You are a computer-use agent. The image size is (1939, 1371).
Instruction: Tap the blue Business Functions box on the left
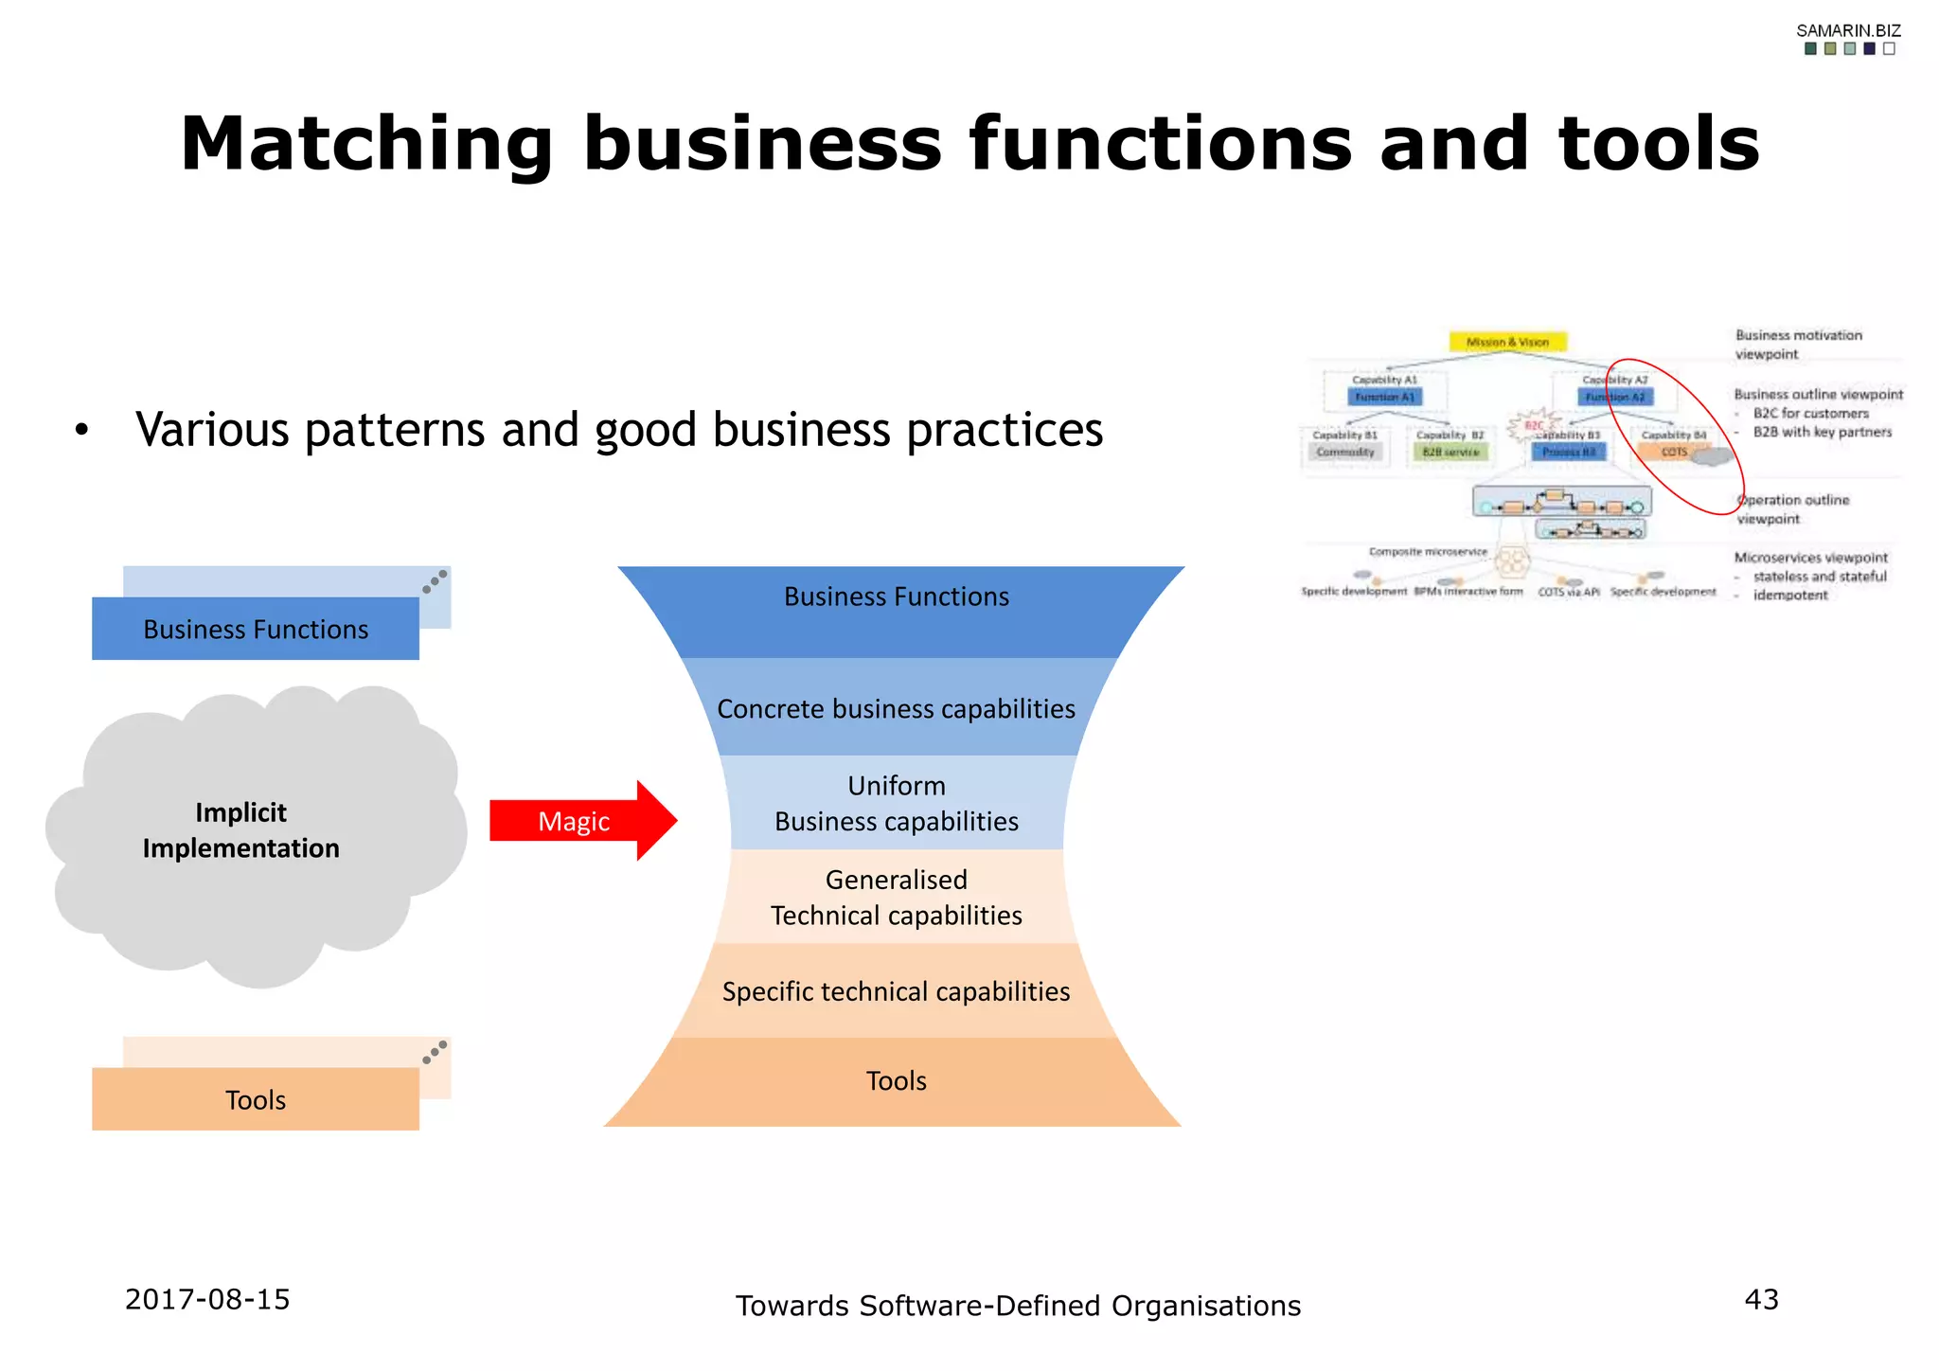[256, 630]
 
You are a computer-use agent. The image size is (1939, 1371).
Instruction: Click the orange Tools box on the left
[256, 1099]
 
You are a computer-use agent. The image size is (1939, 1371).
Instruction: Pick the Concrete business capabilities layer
[896, 708]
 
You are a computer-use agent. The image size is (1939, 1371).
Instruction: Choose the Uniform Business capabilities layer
[896, 803]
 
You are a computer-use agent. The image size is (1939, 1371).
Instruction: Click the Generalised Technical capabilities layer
[896, 897]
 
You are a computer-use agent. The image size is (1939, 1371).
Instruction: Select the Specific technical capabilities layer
[896, 991]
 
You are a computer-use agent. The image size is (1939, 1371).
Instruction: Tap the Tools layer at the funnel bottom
[896, 1080]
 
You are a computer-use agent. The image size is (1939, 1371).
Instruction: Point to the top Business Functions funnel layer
[896, 597]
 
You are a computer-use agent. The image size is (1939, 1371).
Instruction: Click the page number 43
[1761, 1299]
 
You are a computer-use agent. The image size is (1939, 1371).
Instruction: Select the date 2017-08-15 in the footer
[207, 1299]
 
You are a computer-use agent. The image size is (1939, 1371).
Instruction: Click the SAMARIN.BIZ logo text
[1848, 31]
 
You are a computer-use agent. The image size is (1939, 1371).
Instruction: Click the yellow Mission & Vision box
[1507, 342]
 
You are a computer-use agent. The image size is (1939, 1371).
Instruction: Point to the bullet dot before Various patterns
[82, 431]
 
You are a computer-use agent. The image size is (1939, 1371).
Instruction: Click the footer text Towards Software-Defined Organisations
[1018, 1306]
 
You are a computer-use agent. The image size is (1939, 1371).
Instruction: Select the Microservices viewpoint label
[1810, 558]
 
